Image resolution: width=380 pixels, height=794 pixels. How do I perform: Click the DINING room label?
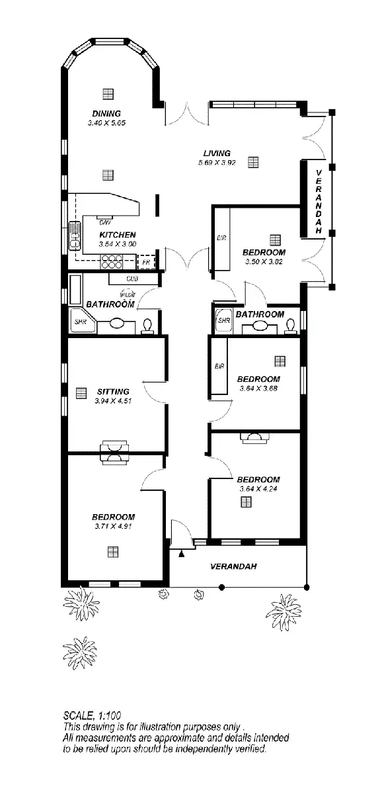click(106, 114)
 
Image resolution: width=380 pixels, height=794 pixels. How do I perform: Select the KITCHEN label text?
click(118, 235)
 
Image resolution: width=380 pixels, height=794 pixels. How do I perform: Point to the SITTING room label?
click(113, 391)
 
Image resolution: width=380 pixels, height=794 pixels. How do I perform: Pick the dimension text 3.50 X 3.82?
click(264, 261)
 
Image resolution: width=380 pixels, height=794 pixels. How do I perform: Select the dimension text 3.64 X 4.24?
click(258, 489)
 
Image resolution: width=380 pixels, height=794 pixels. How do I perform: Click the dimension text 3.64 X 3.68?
click(258, 388)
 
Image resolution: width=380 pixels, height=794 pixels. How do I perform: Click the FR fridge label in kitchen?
click(147, 262)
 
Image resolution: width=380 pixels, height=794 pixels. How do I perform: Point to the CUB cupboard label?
click(132, 279)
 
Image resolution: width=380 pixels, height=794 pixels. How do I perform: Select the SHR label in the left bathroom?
click(80, 322)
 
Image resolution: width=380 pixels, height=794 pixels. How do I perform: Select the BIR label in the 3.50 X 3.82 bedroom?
click(221, 237)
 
